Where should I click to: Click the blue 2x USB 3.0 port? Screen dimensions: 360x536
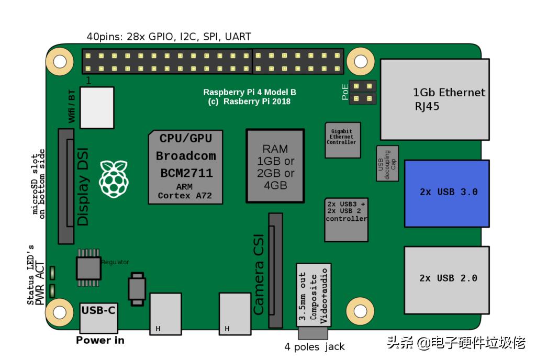446,193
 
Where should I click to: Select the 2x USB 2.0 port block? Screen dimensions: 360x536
446,277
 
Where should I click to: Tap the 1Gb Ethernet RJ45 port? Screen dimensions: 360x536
434,99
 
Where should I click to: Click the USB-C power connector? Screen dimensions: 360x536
98,317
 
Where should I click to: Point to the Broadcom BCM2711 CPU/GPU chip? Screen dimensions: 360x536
186,166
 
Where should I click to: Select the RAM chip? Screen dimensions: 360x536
275,166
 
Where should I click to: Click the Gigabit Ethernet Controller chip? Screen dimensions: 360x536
342,140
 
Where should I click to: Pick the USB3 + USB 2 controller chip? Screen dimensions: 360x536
345,219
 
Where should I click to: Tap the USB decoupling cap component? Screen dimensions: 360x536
387,163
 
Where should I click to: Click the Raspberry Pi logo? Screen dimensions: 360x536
114,179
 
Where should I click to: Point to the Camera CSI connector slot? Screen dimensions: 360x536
275,271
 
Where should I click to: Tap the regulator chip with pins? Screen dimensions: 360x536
88,267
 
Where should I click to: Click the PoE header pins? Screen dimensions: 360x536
363,92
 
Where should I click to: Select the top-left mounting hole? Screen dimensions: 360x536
60,61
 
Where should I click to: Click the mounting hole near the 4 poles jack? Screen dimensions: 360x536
360,311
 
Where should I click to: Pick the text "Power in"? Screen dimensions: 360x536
100,340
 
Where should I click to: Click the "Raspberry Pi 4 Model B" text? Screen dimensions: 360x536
250,92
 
